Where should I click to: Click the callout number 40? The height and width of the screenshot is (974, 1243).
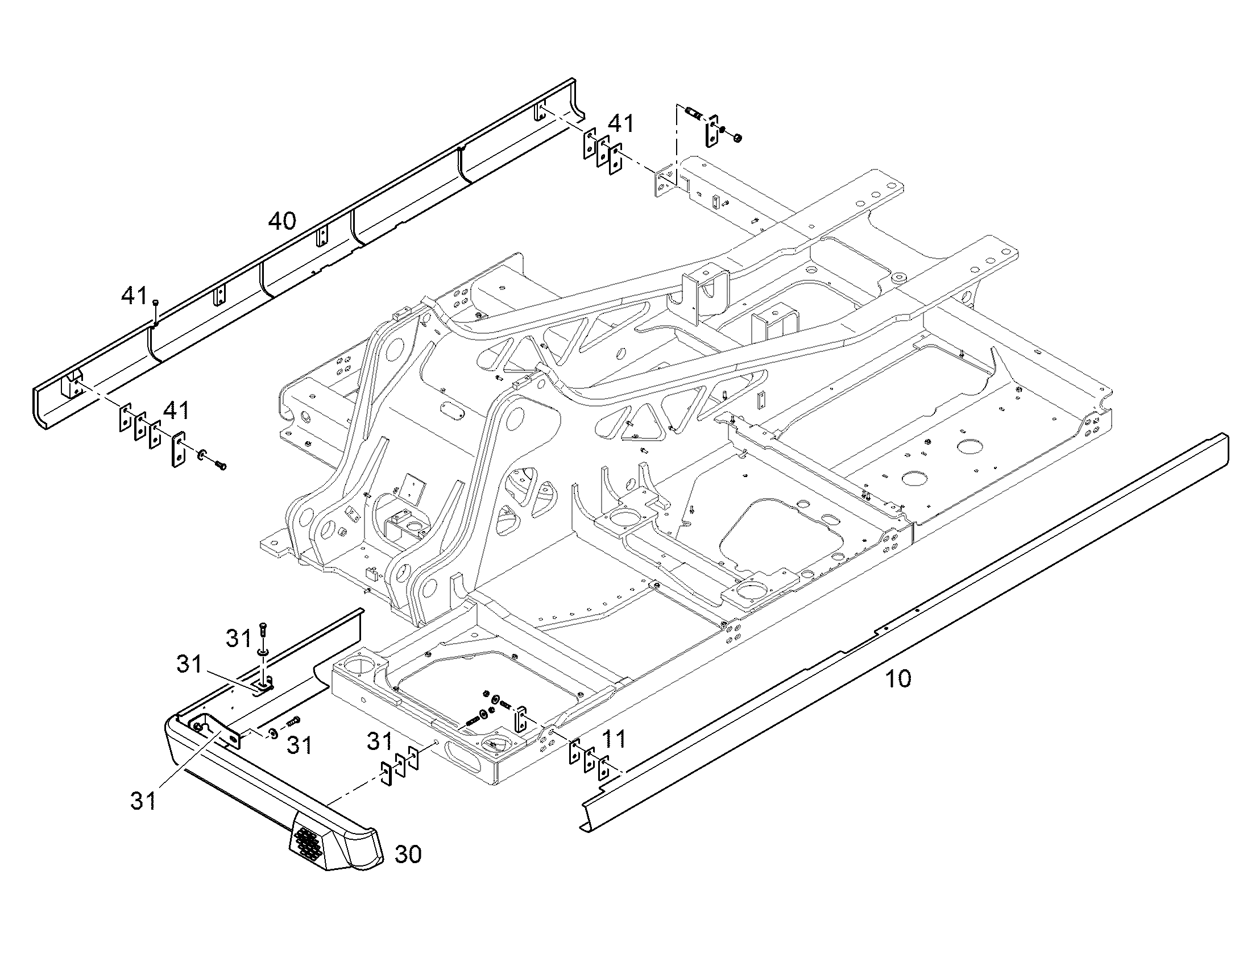(x=282, y=221)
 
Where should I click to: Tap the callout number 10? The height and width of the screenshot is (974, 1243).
(x=898, y=678)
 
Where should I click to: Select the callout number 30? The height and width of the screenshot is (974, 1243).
(x=408, y=855)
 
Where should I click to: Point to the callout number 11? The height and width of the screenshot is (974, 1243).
(x=614, y=739)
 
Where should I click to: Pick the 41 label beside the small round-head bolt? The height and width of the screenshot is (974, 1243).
(x=134, y=296)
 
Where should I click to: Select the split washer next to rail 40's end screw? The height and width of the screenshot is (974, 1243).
(x=202, y=455)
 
